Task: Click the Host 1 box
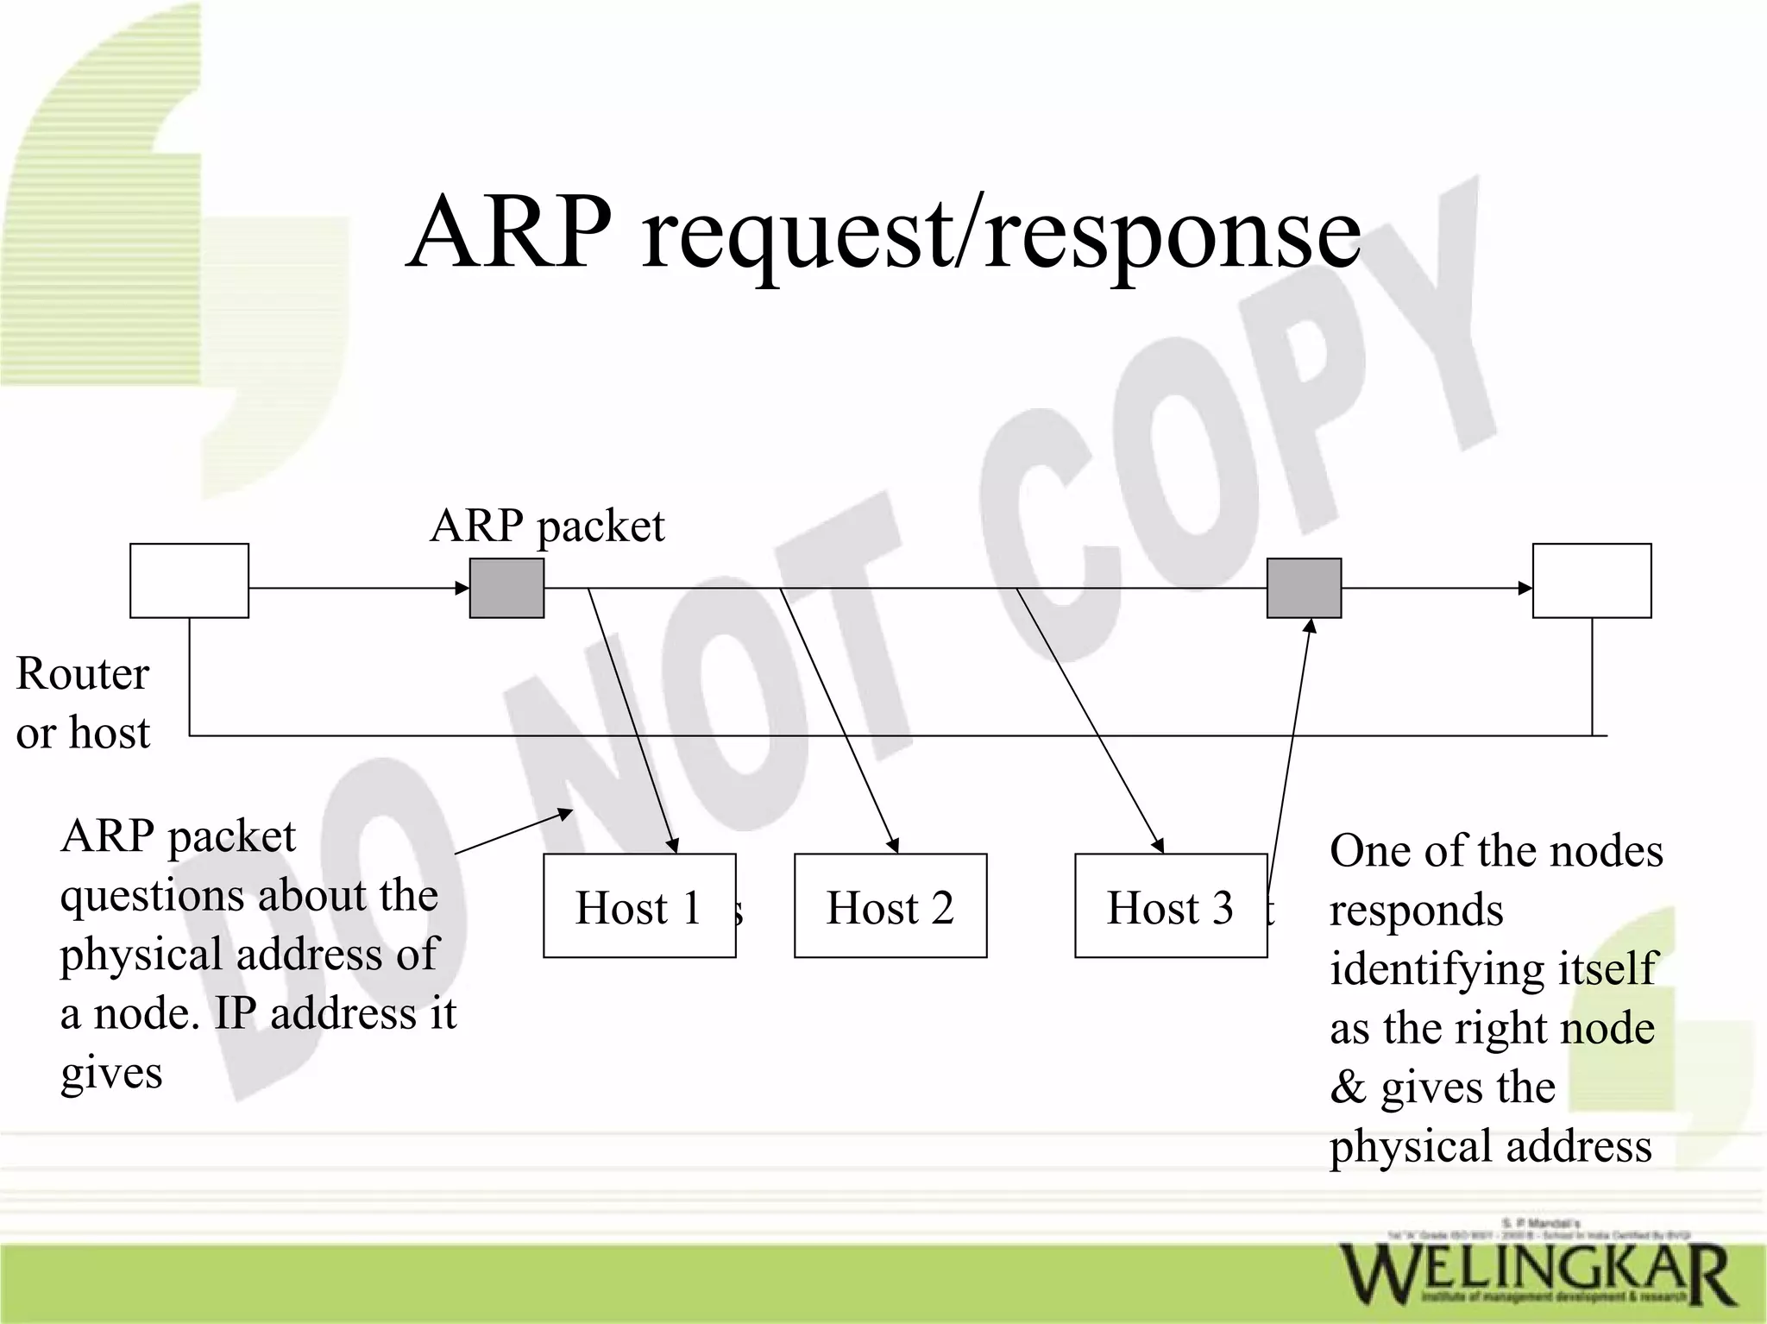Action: (x=638, y=905)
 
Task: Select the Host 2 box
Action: (x=890, y=905)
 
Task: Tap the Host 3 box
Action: (x=1170, y=905)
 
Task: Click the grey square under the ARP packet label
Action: (x=506, y=588)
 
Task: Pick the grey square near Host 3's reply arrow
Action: (x=1304, y=588)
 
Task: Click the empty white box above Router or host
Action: (x=189, y=580)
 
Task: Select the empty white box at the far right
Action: (x=1591, y=580)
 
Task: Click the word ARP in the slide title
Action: (x=509, y=231)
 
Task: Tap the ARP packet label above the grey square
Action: (x=547, y=526)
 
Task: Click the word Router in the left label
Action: (x=82, y=673)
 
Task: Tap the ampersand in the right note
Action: (x=1348, y=1088)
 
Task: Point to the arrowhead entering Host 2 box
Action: (x=895, y=846)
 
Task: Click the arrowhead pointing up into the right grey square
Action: (x=1310, y=627)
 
